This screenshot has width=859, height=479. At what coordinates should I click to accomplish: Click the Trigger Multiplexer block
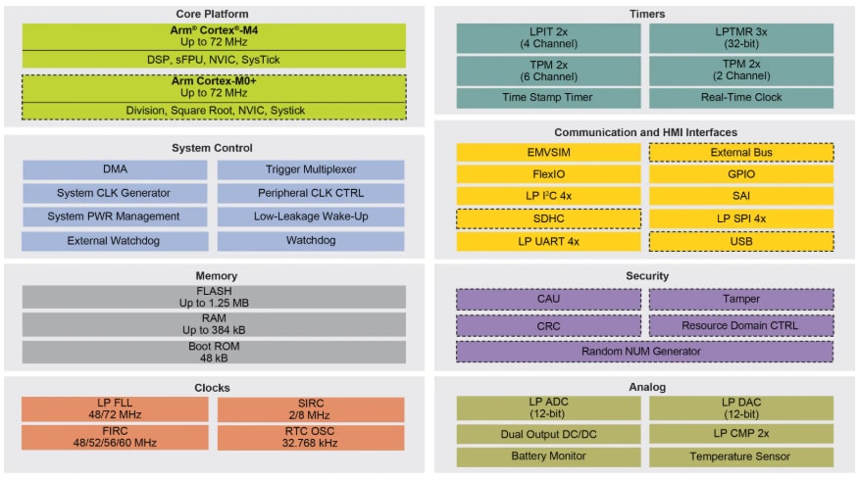311,169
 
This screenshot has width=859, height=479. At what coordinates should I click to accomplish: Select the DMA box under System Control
115,169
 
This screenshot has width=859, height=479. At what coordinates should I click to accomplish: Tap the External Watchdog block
115,240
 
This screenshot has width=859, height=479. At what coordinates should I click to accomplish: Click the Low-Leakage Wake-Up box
311,216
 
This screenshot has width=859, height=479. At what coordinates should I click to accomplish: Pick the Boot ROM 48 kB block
213,352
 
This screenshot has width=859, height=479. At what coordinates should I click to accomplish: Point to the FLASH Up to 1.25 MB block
213,297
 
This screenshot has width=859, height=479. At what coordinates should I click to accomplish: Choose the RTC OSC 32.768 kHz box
311,438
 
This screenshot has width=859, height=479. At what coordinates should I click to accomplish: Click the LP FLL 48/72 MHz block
115,409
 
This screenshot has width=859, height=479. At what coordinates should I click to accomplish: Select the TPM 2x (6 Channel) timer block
548,70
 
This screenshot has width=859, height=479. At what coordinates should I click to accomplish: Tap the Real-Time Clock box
741,98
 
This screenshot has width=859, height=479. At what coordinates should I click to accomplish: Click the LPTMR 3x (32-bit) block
741,38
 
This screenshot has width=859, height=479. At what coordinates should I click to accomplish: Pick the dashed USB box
741,241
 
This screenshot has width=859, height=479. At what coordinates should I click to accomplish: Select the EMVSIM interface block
548,153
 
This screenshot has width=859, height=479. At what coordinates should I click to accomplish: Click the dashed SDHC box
548,218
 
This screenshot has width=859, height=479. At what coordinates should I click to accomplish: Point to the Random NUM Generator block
644,351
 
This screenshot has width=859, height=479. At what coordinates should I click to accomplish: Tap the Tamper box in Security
741,300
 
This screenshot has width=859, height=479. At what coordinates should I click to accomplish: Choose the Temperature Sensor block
741,456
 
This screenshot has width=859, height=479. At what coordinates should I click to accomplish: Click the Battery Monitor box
548,456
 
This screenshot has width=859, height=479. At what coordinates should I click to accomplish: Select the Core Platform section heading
213,14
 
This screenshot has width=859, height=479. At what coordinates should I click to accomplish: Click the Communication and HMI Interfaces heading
644,132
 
